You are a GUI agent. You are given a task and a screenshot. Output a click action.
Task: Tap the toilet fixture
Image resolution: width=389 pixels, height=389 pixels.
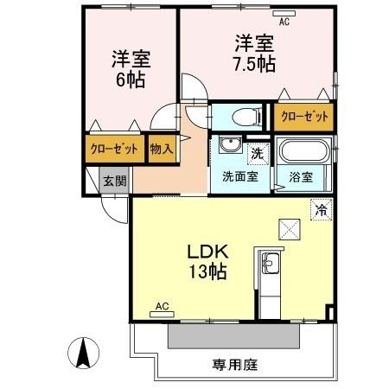[245, 115]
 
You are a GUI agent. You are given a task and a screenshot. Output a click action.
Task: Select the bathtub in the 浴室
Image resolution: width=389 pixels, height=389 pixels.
[303, 154]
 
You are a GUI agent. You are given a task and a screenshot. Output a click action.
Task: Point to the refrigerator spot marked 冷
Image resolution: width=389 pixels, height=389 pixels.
[321, 208]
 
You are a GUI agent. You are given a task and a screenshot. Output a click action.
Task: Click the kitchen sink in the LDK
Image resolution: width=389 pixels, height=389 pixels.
[268, 263]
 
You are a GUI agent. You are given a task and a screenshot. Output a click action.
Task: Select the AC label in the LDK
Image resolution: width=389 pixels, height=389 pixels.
[161, 306]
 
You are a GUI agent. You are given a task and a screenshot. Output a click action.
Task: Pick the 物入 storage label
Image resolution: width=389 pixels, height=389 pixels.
[162, 149]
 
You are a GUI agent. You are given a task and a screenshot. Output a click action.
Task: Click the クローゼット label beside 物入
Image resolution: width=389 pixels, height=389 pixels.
[115, 149]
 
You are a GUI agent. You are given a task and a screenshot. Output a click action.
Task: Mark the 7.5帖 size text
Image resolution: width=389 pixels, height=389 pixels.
[254, 62]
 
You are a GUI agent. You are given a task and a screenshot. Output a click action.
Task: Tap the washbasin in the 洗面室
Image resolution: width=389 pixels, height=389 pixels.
[230, 145]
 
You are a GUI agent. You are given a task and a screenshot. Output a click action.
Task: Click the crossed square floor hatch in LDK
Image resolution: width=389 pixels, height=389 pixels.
[289, 228]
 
